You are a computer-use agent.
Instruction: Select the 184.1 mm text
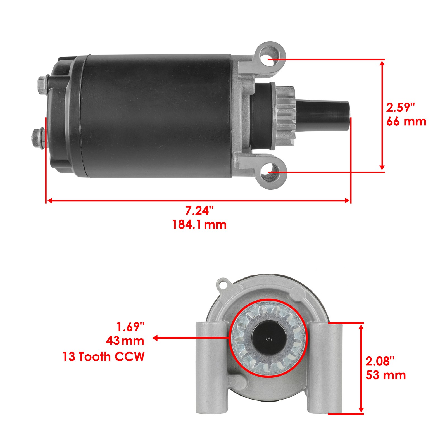(199, 225)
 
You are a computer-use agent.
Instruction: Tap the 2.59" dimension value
(400, 108)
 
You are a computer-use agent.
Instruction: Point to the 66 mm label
(406, 122)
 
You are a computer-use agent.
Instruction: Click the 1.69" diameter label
(130, 327)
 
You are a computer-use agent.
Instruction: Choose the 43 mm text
(125, 341)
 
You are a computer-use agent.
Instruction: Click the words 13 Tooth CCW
(103, 357)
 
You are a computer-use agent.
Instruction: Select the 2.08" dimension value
(380, 361)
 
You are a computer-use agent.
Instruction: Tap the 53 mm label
(386, 375)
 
